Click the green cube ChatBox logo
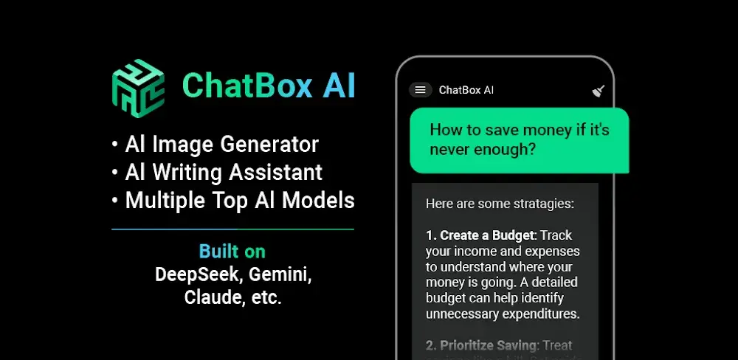click(x=137, y=86)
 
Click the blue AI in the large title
click(x=339, y=86)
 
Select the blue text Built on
click(x=232, y=251)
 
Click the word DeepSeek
click(x=198, y=274)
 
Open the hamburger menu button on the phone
click(x=420, y=90)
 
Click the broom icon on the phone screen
click(x=599, y=91)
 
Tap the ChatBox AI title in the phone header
click(x=466, y=90)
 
